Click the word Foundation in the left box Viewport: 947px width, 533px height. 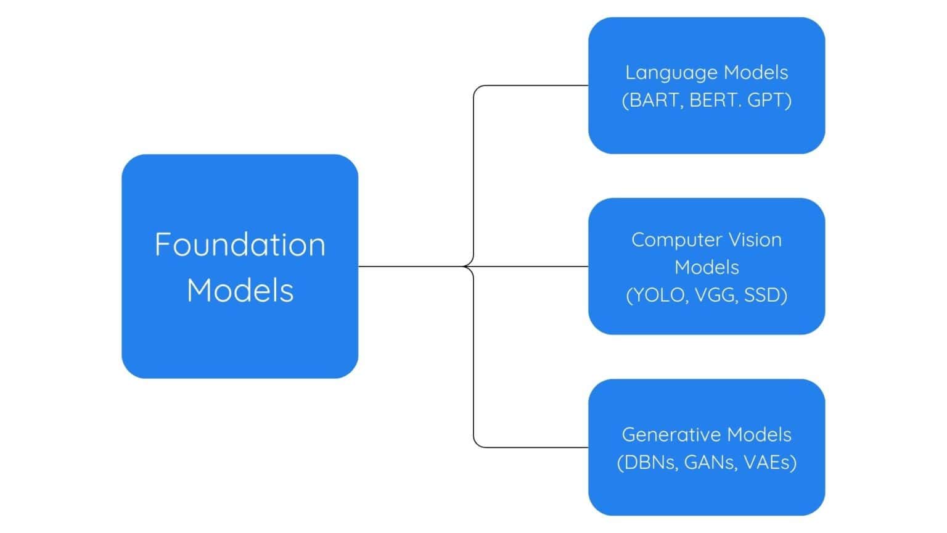(x=240, y=244)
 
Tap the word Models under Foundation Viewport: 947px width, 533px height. (x=240, y=290)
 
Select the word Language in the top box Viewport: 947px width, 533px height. (x=671, y=73)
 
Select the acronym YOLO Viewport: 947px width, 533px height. (x=658, y=295)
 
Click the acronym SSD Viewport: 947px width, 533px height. (x=763, y=295)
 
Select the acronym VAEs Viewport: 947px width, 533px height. (x=768, y=462)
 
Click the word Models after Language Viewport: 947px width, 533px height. (x=756, y=73)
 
